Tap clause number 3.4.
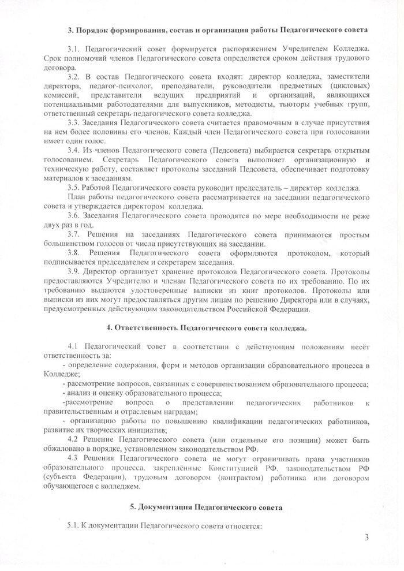click(74, 149)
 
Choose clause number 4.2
click(74, 441)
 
